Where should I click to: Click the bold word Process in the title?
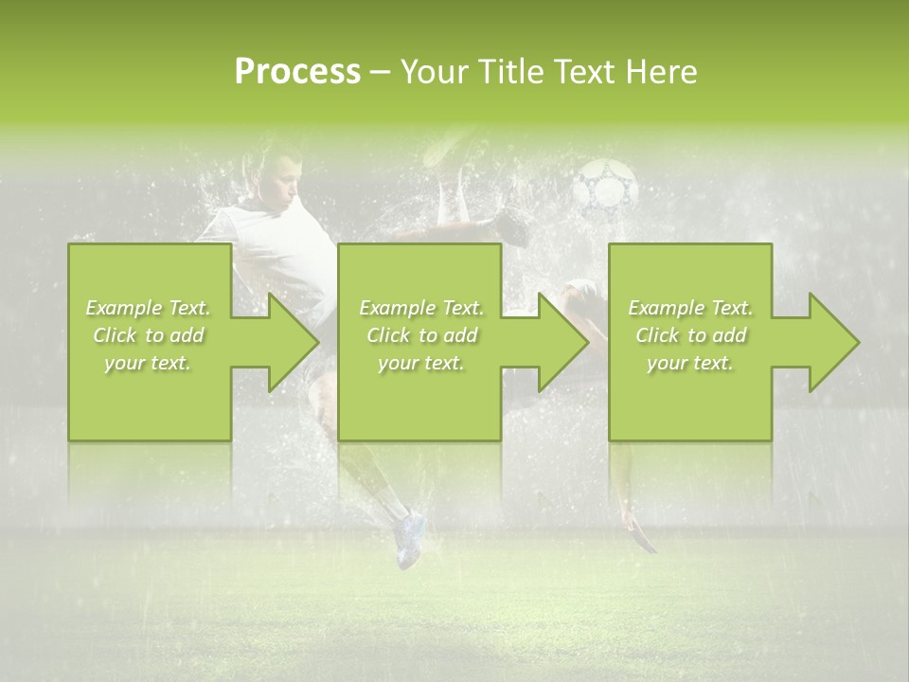click(x=297, y=72)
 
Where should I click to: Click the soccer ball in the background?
click(x=607, y=184)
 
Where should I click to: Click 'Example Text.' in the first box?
click(x=149, y=308)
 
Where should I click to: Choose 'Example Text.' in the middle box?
click(x=421, y=308)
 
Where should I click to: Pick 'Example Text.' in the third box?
click(x=690, y=308)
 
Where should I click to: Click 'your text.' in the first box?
click(x=149, y=363)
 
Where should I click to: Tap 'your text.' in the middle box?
click(x=421, y=363)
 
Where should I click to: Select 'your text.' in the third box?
click(x=690, y=363)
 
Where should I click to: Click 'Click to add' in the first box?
click(x=149, y=335)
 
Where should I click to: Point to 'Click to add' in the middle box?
click(x=421, y=335)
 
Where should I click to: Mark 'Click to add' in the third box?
click(x=690, y=335)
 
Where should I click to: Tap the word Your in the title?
click(x=432, y=72)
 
